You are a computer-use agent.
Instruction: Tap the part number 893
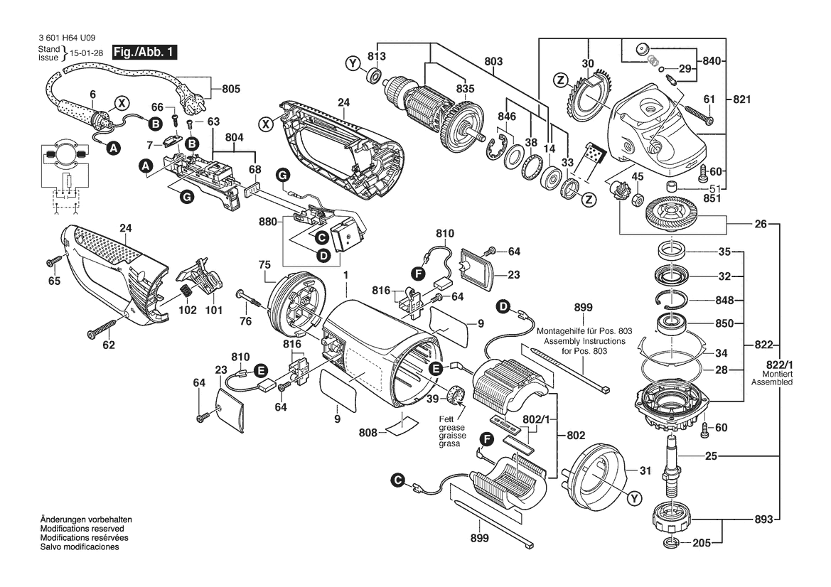tap(761, 519)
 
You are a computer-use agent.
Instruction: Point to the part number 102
tap(188, 311)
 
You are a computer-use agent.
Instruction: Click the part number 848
tap(725, 300)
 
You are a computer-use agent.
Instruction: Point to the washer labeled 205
tap(669, 544)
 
